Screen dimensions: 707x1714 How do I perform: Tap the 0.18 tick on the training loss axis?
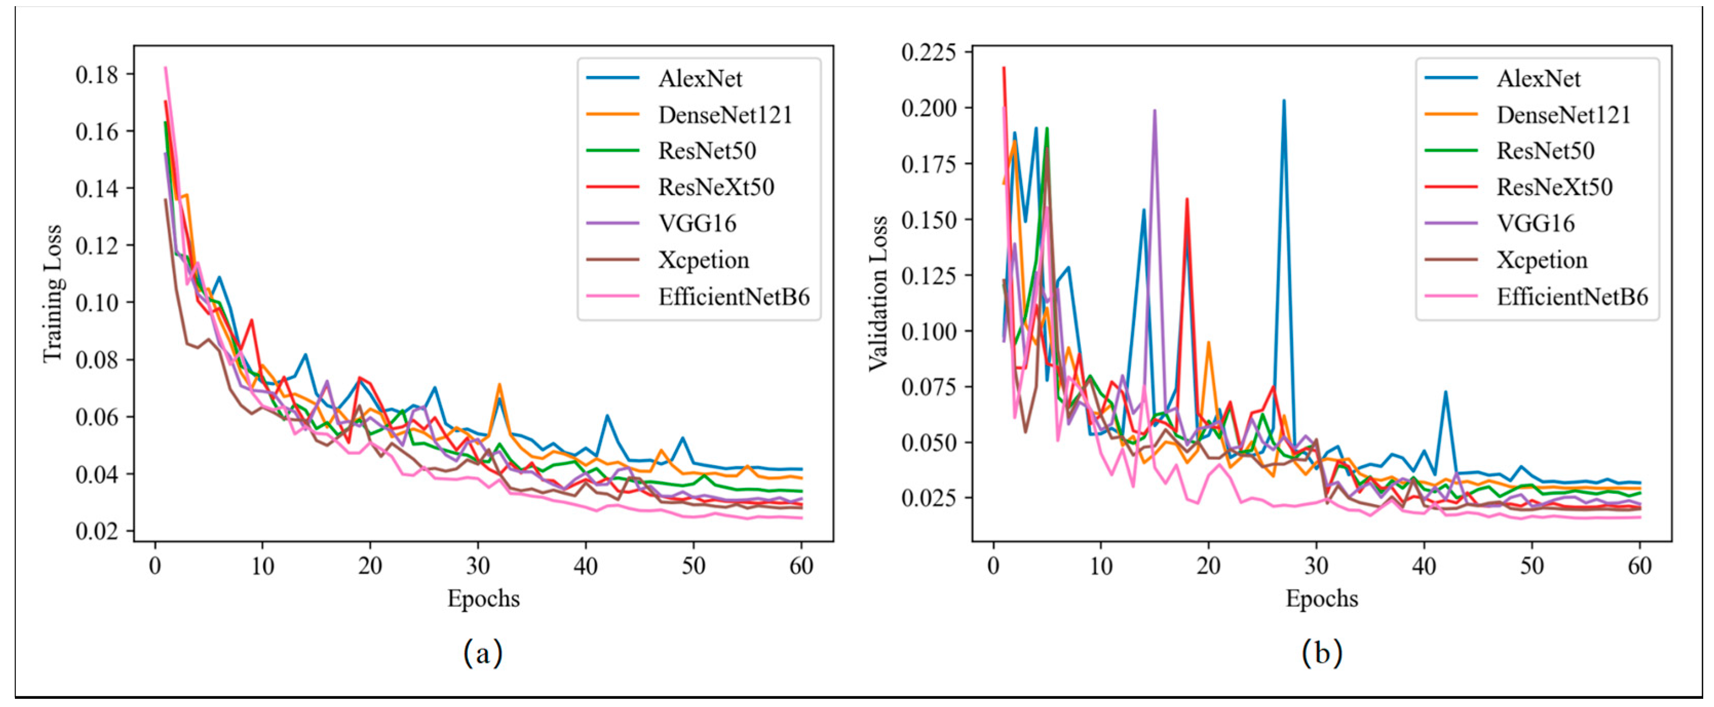(97, 74)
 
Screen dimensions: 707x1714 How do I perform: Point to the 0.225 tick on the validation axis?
(928, 52)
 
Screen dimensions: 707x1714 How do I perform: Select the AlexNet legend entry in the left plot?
(699, 78)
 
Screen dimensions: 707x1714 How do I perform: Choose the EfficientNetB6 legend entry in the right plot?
(1572, 297)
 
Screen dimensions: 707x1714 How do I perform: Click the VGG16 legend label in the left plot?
(697, 224)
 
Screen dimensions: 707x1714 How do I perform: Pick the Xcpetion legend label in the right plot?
(1542, 260)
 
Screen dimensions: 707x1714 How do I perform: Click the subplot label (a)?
(483, 653)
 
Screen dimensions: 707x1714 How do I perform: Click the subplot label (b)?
(1321, 653)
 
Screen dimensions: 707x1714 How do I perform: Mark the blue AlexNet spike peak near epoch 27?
(1283, 101)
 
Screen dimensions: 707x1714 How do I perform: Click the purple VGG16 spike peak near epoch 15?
(1154, 111)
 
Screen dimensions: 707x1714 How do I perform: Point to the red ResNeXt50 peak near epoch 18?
(1187, 199)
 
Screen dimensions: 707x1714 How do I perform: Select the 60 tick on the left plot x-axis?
(801, 566)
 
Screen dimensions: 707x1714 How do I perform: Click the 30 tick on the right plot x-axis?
(1316, 566)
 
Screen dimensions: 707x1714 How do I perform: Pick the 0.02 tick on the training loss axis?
(97, 532)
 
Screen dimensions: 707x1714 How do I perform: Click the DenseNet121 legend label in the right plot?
(1563, 115)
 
